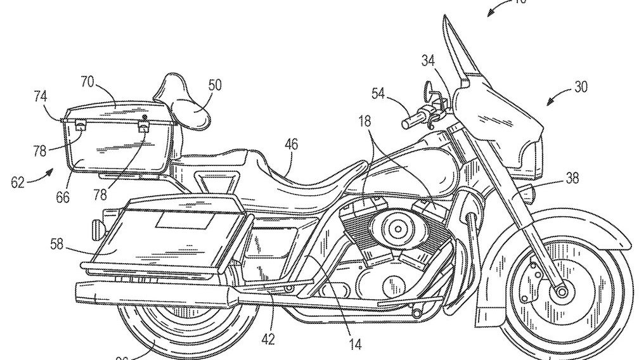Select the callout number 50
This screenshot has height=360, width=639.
[x=215, y=84]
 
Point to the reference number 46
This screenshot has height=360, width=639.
[x=290, y=145]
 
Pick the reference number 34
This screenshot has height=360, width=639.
[x=429, y=61]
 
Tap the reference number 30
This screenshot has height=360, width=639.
[x=581, y=87]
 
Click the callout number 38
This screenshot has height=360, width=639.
[x=572, y=179]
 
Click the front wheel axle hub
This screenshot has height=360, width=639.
[x=560, y=292]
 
